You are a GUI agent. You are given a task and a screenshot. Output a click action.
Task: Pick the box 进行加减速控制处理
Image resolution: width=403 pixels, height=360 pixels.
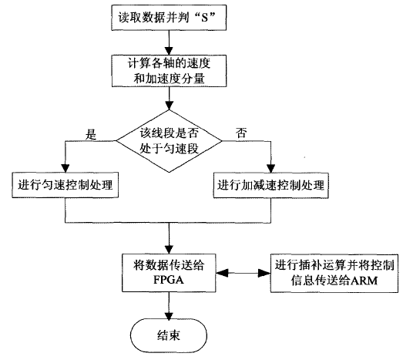(x=269, y=185)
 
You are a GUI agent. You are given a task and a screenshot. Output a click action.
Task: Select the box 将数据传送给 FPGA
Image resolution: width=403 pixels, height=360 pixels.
(x=167, y=273)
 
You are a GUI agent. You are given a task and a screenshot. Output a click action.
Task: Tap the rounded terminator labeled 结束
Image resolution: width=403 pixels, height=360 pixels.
(x=167, y=334)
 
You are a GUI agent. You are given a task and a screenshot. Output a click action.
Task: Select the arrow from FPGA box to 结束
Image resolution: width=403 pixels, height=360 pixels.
(x=167, y=306)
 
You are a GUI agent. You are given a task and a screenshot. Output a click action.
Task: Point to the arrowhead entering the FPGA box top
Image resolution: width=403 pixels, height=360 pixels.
(x=167, y=248)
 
